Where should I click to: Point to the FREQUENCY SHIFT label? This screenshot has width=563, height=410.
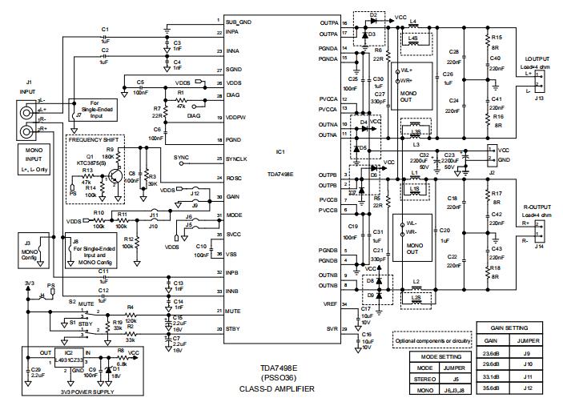tap(95, 139)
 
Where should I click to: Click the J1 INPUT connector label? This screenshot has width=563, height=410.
tap(28, 86)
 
